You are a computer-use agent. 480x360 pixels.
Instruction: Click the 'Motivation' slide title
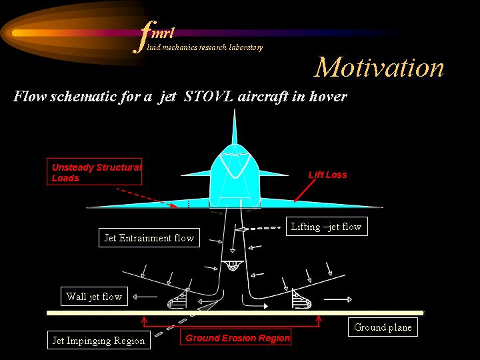[379, 67]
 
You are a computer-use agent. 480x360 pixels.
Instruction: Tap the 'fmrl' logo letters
[154, 36]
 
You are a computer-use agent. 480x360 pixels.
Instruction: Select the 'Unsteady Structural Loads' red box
[94, 171]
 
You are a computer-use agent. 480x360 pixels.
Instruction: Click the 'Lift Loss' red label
[327, 175]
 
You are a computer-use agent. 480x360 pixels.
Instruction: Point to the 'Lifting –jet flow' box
[327, 226]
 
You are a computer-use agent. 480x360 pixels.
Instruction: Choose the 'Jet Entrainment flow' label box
[149, 237]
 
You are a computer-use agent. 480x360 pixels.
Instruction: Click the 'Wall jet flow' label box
[94, 296]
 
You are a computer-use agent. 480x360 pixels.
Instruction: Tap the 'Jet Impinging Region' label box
[99, 340]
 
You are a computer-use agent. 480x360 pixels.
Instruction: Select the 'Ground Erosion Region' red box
[235, 337]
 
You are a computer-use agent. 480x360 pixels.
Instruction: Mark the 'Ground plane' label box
[383, 327]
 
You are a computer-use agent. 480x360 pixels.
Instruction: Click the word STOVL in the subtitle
[209, 96]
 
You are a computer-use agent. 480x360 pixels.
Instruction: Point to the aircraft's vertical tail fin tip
[235, 109]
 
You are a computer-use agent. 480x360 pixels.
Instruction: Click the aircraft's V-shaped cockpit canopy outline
[235, 165]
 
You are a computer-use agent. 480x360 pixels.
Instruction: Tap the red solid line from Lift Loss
[305, 191]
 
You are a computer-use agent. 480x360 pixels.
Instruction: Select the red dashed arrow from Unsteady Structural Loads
[147, 198]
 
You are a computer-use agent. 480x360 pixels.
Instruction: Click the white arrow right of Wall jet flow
[145, 296]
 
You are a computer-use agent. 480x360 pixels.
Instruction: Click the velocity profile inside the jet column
[233, 265]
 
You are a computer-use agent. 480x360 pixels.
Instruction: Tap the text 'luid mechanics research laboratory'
[205, 47]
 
